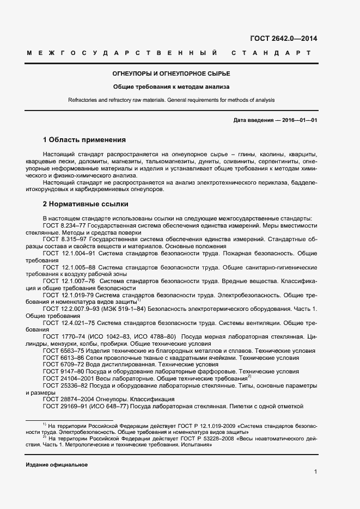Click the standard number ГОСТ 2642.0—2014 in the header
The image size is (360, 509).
coord(283,39)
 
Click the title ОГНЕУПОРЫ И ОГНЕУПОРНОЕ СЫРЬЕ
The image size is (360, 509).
coord(171,73)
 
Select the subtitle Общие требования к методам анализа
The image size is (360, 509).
coord(171,87)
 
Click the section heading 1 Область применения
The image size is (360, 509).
coord(84,140)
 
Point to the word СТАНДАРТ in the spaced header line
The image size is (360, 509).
coord(271,53)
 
